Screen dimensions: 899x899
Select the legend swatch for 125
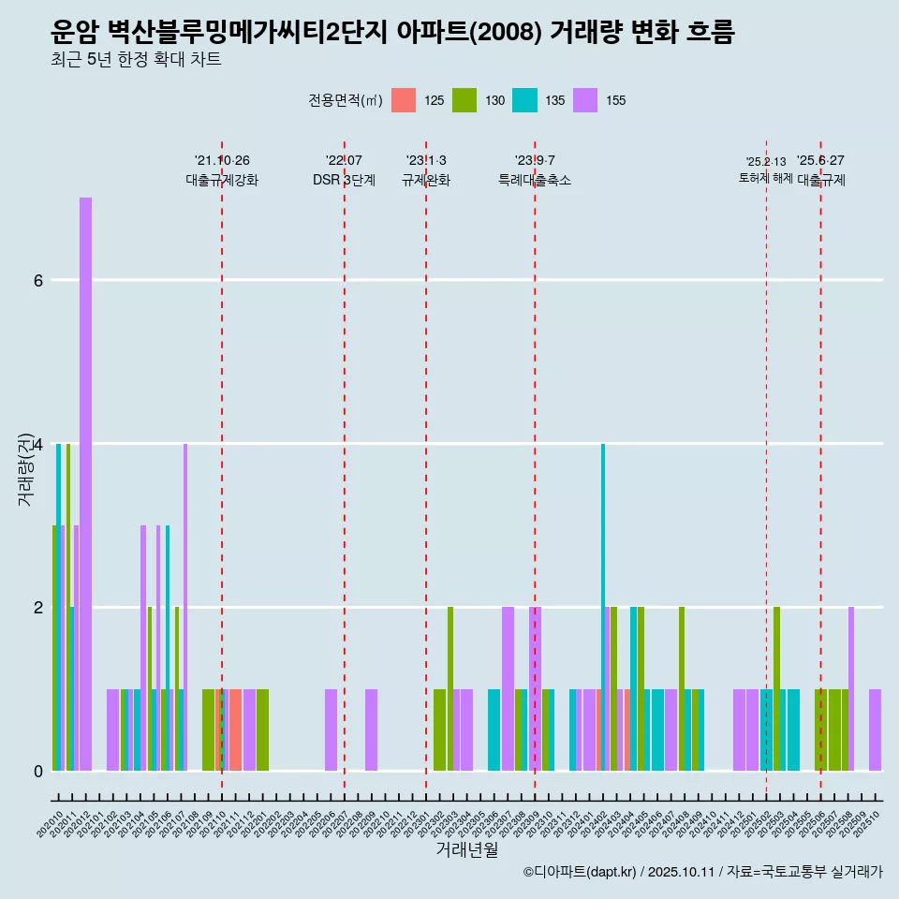[x=404, y=100]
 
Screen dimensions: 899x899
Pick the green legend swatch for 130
[x=464, y=100]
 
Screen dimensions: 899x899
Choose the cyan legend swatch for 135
[x=524, y=100]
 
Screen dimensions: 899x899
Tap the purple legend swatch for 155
[x=585, y=100]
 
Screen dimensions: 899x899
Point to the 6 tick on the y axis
[x=37, y=280]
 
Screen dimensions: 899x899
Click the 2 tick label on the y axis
[x=37, y=607]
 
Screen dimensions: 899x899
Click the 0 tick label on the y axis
[x=37, y=771]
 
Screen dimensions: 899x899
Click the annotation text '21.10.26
[x=222, y=161]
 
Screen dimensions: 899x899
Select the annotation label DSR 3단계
[x=344, y=181]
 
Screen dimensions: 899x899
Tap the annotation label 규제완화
[x=426, y=181]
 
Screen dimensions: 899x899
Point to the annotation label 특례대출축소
[x=535, y=181]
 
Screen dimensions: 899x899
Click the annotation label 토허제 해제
[x=765, y=178]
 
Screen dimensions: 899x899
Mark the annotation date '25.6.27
[x=820, y=161]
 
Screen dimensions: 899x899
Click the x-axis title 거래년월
[x=466, y=849]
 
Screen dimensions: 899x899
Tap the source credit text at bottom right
[x=702, y=872]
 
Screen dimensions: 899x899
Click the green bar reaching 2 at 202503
[x=777, y=688]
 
